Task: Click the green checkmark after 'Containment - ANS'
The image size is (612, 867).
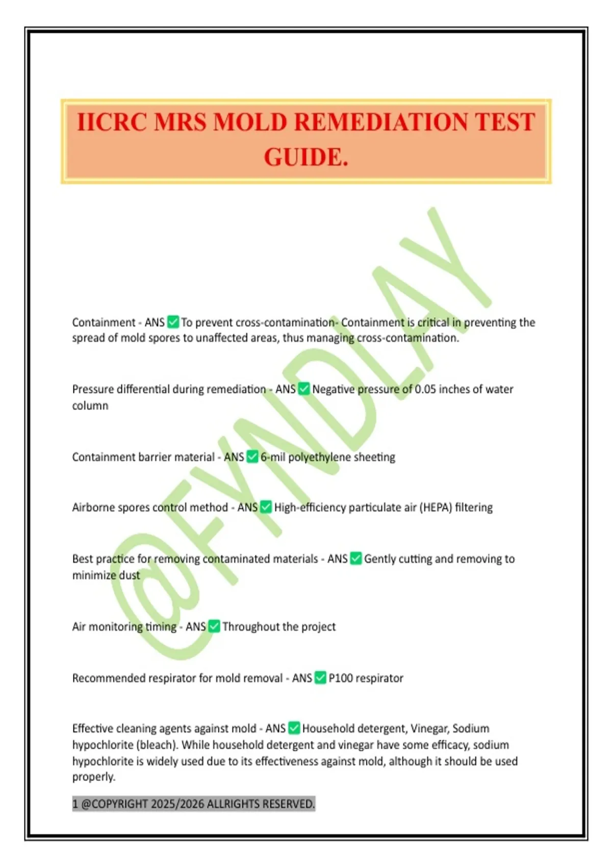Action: (x=173, y=322)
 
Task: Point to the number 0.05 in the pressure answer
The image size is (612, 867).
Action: (x=425, y=389)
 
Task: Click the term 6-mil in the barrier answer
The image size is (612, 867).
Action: (x=273, y=457)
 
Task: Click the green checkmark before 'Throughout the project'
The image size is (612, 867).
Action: (x=214, y=626)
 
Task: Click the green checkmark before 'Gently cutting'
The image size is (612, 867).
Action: (x=356, y=558)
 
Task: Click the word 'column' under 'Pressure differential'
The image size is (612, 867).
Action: (x=90, y=406)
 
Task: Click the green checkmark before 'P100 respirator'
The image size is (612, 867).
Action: (x=320, y=678)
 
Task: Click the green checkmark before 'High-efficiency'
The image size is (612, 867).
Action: (x=266, y=507)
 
